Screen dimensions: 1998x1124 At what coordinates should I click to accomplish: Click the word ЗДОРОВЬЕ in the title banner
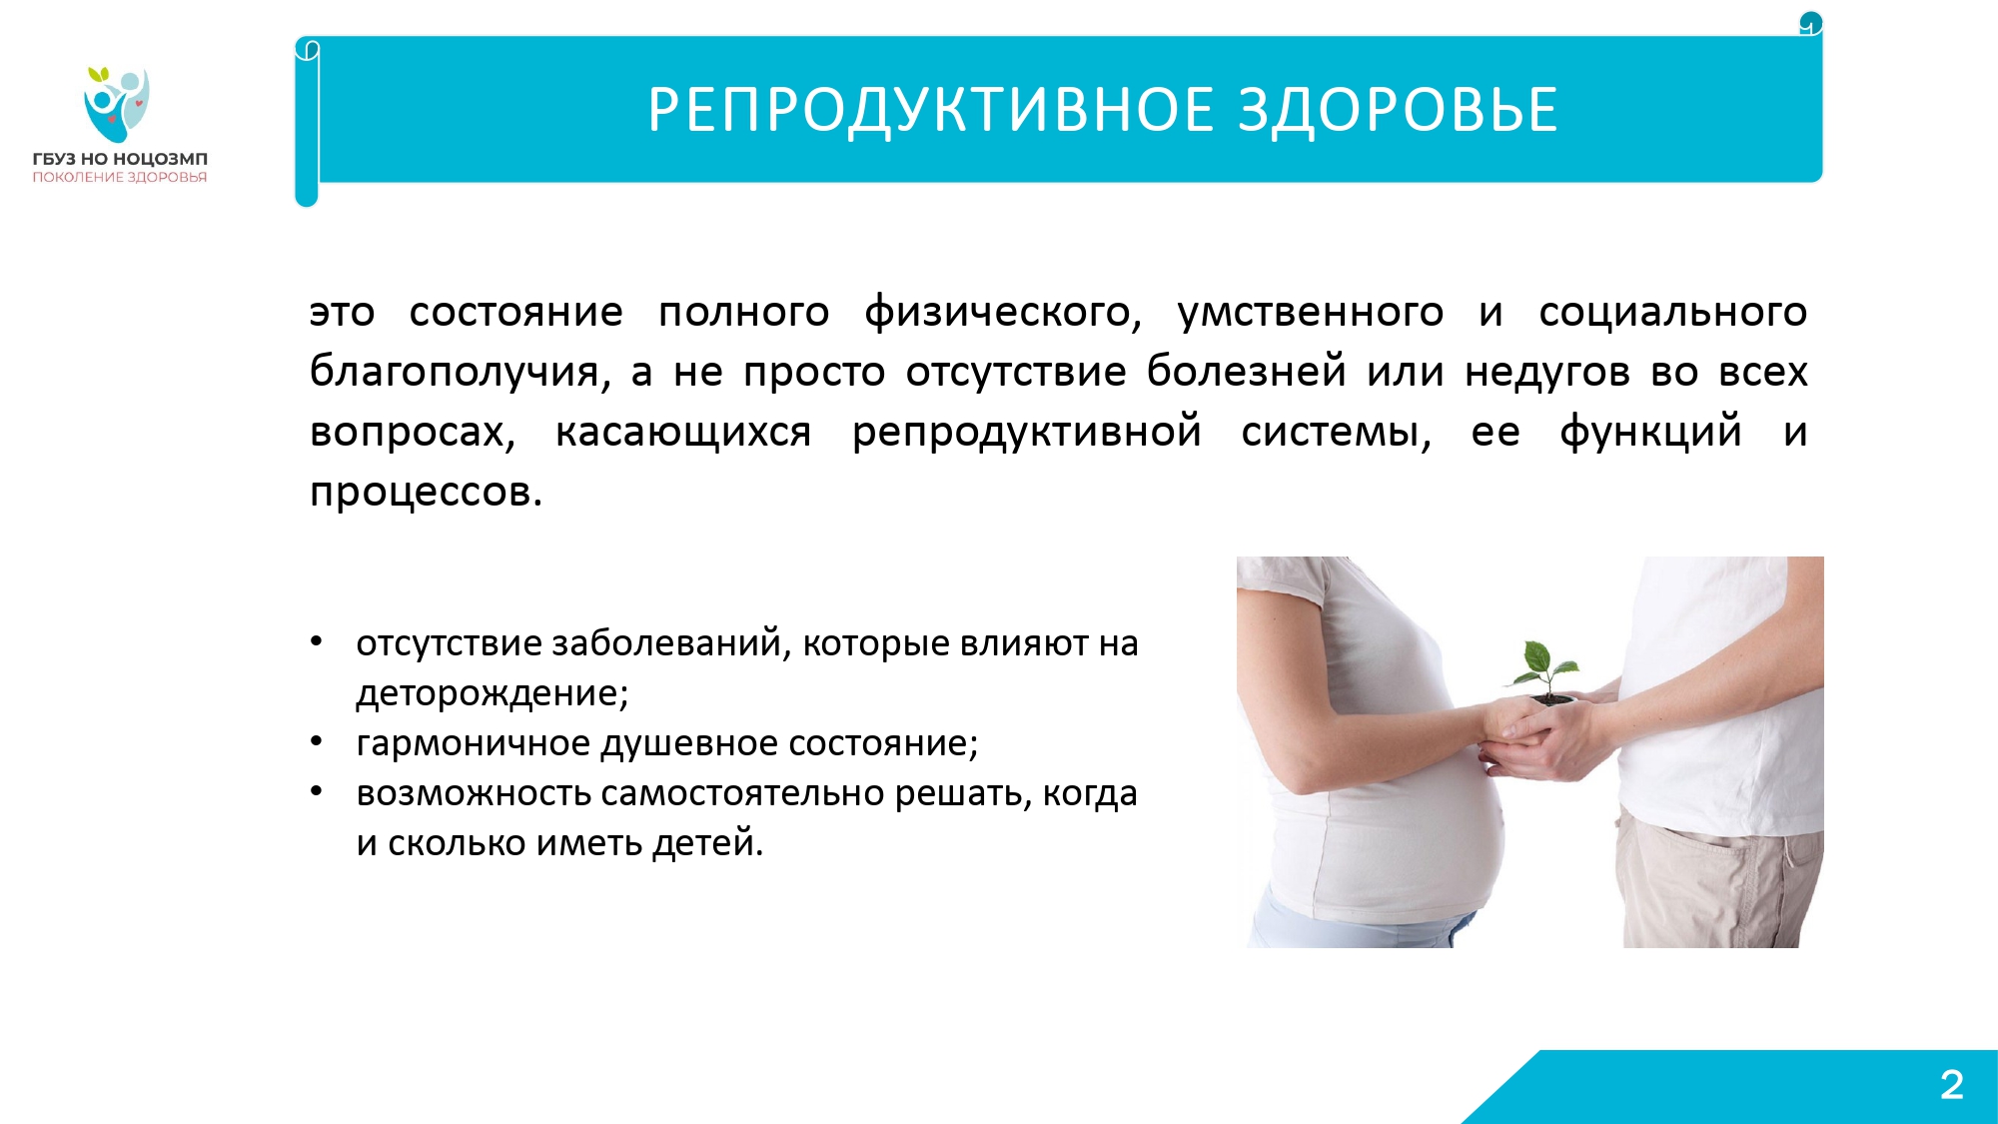pyautogui.click(x=1398, y=110)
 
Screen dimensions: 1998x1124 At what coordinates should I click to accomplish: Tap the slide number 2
pyautogui.click(x=1952, y=1085)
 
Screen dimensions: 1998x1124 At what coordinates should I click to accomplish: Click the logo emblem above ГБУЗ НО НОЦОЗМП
pyautogui.click(x=118, y=104)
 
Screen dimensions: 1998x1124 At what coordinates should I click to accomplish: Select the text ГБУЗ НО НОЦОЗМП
pyautogui.click(x=120, y=159)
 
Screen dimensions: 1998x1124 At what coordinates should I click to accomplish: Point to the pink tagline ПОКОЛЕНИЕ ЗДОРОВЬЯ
pyautogui.click(x=120, y=178)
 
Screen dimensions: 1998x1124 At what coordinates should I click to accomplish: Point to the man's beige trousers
pyautogui.click(x=1718, y=879)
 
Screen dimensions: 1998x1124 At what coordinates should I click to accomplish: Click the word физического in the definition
pyautogui.click(x=1003, y=313)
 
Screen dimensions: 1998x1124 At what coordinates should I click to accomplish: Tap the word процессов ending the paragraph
pyautogui.click(x=427, y=493)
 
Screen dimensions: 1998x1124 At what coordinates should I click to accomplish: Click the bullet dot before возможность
pyautogui.click(x=317, y=791)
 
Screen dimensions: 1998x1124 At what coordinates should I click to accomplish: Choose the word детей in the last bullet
pyautogui.click(x=707, y=843)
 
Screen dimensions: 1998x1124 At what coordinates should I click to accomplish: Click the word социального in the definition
pyautogui.click(x=1673, y=313)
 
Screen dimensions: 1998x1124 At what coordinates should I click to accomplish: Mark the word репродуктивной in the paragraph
pyautogui.click(x=1027, y=433)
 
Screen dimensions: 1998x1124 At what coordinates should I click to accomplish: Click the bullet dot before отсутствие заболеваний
pyautogui.click(x=317, y=641)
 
